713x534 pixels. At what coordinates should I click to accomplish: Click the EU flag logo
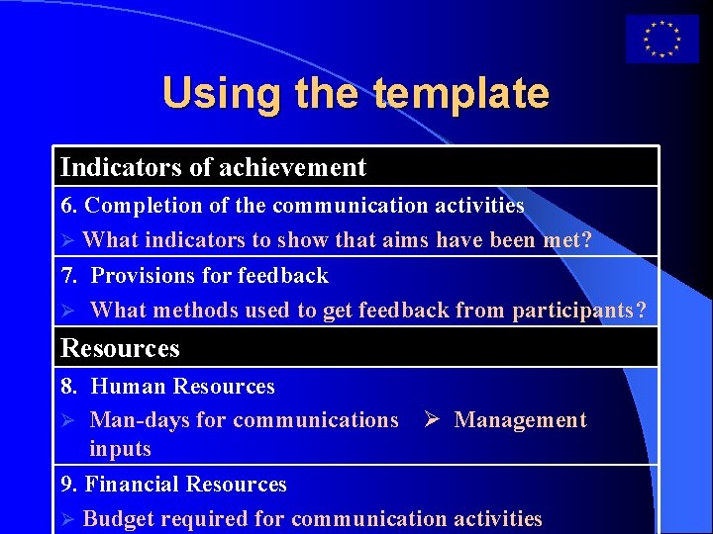click(662, 40)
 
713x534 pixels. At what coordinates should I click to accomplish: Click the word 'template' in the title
click(461, 94)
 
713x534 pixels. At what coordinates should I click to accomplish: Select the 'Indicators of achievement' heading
click(213, 168)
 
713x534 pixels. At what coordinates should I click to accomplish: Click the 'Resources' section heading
click(120, 348)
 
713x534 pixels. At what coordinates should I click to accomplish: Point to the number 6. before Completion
click(70, 206)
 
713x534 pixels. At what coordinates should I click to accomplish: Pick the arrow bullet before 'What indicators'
click(67, 240)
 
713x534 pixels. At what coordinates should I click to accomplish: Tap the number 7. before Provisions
click(70, 275)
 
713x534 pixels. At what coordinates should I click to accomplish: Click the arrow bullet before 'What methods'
click(67, 311)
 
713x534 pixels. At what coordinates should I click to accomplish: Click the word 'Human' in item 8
click(129, 386)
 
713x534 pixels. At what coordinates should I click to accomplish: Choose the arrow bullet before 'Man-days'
click(67, 420)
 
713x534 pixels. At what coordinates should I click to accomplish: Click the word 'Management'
click(520, 420)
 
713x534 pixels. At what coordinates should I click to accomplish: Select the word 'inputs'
click(120, 449)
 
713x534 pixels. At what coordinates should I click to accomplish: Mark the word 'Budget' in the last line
click(119, 518)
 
